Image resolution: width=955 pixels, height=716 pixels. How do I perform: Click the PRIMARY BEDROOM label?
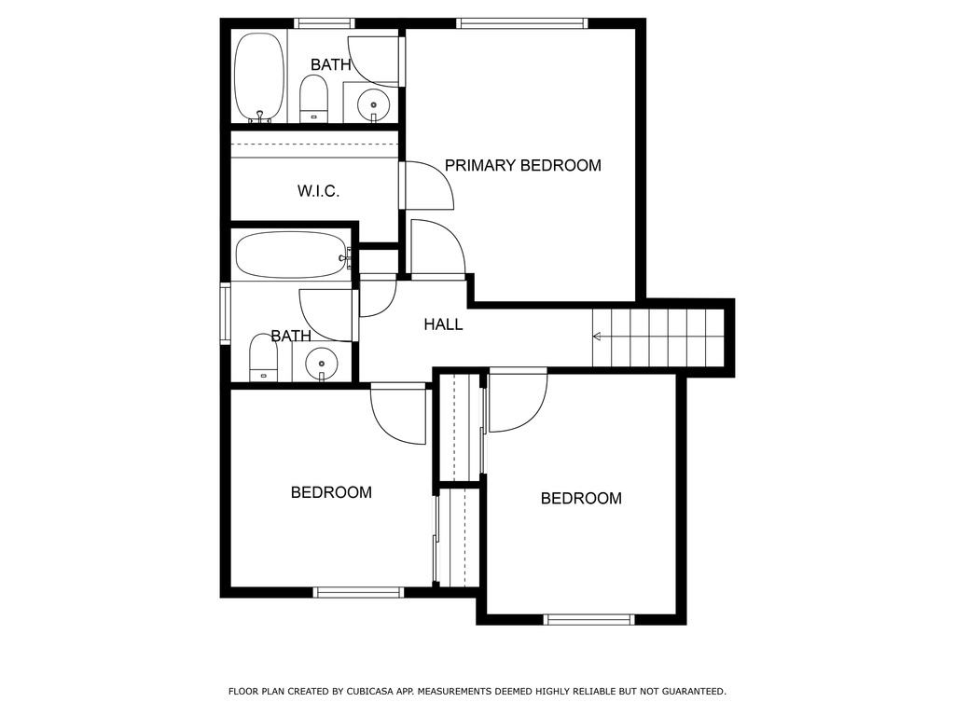(x=522, y=166)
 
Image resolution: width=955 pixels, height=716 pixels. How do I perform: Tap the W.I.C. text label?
(x=318, y=191)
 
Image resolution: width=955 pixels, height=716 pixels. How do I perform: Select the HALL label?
(x=443, y=324)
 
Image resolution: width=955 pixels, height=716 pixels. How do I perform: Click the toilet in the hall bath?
(x=263, y=360)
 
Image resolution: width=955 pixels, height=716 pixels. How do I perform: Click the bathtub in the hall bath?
(x=290, y=255)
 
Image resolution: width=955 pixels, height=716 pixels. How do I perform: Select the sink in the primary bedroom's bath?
(x=374, y=104)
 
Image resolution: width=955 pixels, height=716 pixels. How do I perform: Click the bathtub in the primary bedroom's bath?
(x=258, y=76)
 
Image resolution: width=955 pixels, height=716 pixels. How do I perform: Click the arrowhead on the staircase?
(x=598, y=337)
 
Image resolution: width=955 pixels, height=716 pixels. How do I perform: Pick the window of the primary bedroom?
(x=521, y=23)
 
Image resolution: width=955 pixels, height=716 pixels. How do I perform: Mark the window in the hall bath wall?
(x=225, y=314)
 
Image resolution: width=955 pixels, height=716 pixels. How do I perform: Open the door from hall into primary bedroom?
(x=436, y=250)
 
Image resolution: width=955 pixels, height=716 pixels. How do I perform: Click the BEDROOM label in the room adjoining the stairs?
(x=581, y=499)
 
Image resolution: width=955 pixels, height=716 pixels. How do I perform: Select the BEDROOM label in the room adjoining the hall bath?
(x=331, y=492)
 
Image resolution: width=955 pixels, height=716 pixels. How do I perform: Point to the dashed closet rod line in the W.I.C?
(x=315, y=145)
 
